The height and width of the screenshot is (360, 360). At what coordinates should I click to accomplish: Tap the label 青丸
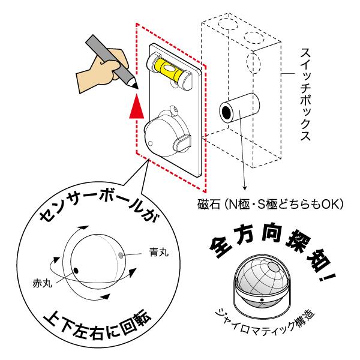click(x=158, y=254)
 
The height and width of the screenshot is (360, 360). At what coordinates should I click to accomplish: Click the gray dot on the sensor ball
click(x=122, y=254)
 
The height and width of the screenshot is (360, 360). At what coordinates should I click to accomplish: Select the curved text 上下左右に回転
click(x=96, y=328)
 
